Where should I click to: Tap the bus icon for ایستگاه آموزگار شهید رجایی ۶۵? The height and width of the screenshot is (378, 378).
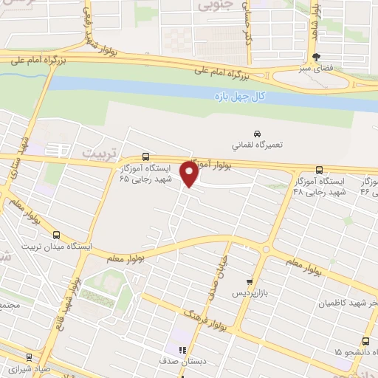[145, 157]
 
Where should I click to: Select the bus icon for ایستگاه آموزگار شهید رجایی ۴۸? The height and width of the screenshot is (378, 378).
[318, 169]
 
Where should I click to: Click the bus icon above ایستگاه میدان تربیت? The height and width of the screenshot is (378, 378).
[57, 235]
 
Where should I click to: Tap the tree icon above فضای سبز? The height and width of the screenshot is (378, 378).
[317, 56]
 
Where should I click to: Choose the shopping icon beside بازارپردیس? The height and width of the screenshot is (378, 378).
[250, 281]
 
